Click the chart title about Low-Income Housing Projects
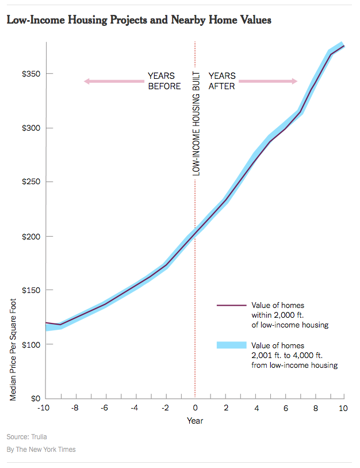tap(139, 20)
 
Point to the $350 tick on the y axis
tap(27, 74)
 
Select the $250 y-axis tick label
tap(27, 182)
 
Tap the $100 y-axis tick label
tap(27, 344)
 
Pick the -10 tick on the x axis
tap(44, 408)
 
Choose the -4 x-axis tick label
tap(134, 408)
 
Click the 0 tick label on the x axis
tap(195, 408)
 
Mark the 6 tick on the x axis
tap(285, 408)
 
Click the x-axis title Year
tap(195, 420)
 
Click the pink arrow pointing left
tap(113, 81)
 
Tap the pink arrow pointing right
tap(268, 81)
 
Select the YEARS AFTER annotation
tap(222, 81)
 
